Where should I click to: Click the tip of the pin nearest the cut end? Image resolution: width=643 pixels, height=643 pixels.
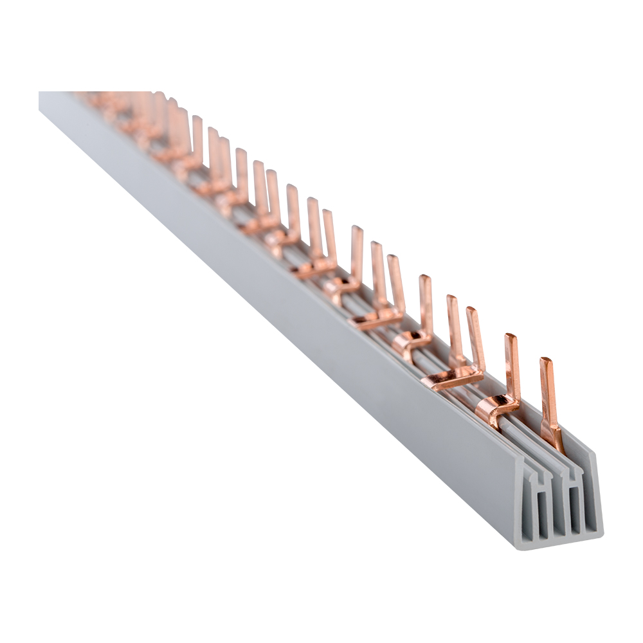coord(546,361)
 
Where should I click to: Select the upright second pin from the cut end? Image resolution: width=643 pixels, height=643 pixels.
coord(512,367)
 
